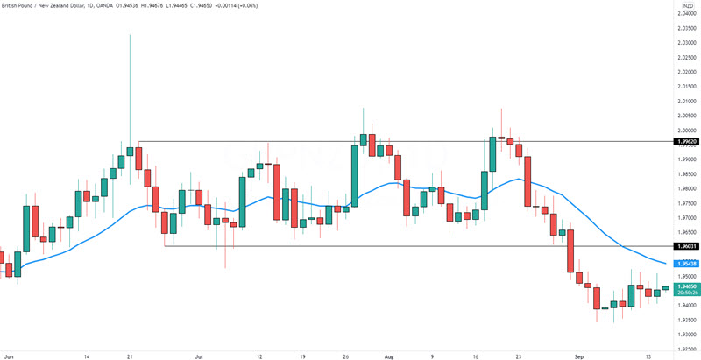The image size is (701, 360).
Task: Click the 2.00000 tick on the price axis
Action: click(x=686, y=130)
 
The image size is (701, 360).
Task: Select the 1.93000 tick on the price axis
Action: click(x=686, y=334)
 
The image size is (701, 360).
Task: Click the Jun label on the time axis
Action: click(x=9, y=356)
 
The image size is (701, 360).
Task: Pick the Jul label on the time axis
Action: click(x=199, y=356)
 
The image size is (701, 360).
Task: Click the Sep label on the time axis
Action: click(x=579, y=356)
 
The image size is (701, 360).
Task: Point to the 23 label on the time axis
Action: click(x=519, y=356)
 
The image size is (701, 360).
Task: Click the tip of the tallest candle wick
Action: click(x=130, y=35)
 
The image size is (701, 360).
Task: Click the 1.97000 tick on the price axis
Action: click(x=686, y=217)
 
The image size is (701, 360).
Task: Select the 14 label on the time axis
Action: click(x=87, y=356)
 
